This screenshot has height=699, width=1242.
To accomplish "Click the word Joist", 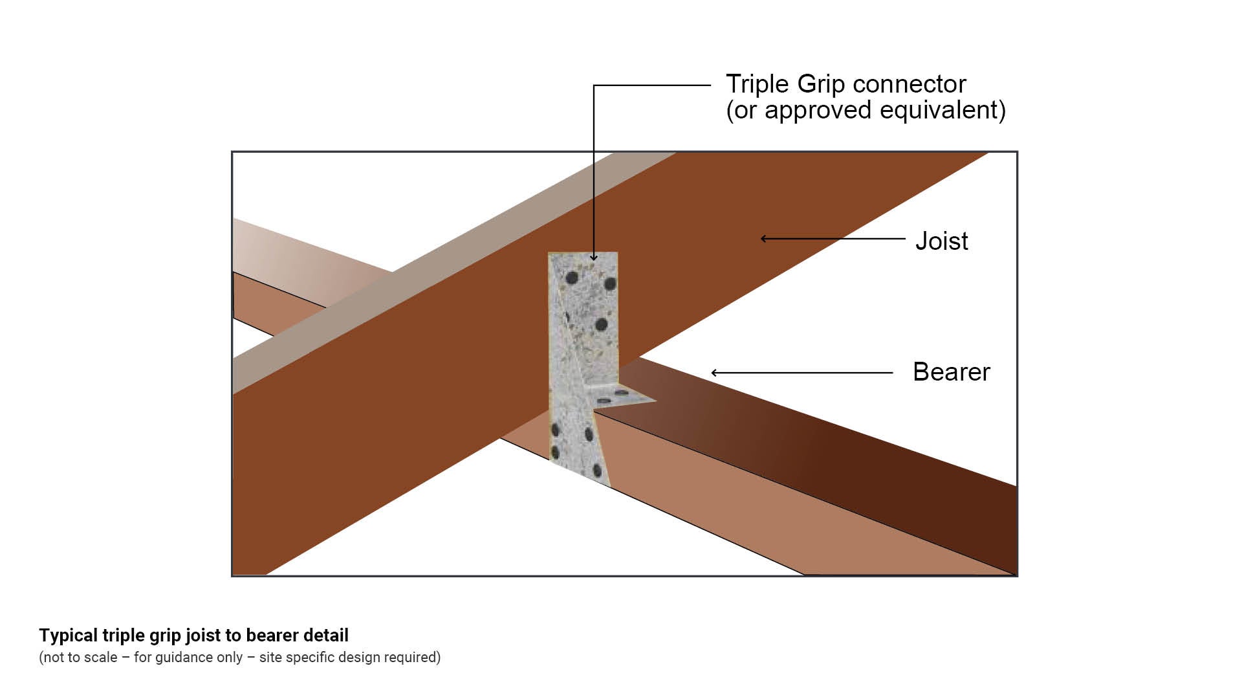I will point(941,241).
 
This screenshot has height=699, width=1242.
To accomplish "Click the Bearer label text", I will point(951,372).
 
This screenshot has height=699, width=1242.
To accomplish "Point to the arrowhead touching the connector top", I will point(594,258).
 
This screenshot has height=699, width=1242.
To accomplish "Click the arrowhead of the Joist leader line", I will point(764,239).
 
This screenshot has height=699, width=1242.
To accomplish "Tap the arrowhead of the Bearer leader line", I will point(714,373).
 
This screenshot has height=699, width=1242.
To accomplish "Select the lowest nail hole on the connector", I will point(597,467).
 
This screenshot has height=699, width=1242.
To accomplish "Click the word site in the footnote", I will point(270,658).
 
